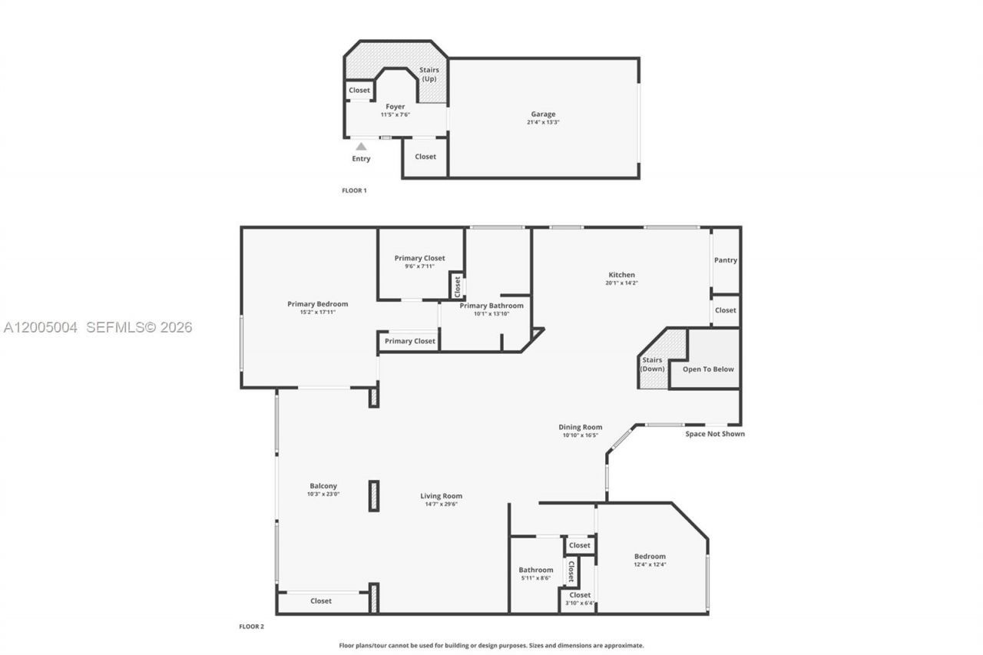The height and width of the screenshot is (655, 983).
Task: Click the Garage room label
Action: pyautogui.click(x=543, y=114)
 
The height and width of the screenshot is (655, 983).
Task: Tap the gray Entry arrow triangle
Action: pyautogui.click(x=361, y=146)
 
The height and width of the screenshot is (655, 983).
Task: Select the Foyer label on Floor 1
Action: pyautogui.click(x=395, y=107)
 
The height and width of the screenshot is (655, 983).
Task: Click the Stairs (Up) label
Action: pyautogui.click(x=429, y=74)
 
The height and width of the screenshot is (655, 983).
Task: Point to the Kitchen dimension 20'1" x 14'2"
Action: pyautogui.click(x=621, y=283)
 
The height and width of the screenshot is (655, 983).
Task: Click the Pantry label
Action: pyautogui.click(x=726, y=260)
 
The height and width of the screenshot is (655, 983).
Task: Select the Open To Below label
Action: pyautogui.click(x=708, y=369)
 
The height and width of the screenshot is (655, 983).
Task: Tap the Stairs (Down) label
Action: pyautogui.click(x=652, y=364)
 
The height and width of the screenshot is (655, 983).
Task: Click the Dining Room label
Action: pyautogui.click(x=580, y=427)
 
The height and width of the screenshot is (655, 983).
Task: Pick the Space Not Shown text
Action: pyautogui.click(x=715, y=434)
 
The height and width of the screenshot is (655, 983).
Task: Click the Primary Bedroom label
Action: pyautogui.click(x=317, y=304)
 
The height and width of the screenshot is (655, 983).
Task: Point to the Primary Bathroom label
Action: pyautogui.click(x=491, y=306)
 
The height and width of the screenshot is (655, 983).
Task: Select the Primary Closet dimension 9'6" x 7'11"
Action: pyautogui.click(x=419, y=266)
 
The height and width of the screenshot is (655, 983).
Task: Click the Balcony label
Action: pyautogui.click(x=323, y=486)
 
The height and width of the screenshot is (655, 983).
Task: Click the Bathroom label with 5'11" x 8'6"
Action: pyautogui.click(x=535, y=570)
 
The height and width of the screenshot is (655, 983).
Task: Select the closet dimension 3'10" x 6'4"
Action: pyautogui.click(x=580, y=604)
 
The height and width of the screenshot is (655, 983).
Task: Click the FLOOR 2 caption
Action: pyautogui.click(x=251, y=627)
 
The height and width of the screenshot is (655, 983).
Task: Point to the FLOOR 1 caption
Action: pyautogui.click(x=354, y=190)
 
